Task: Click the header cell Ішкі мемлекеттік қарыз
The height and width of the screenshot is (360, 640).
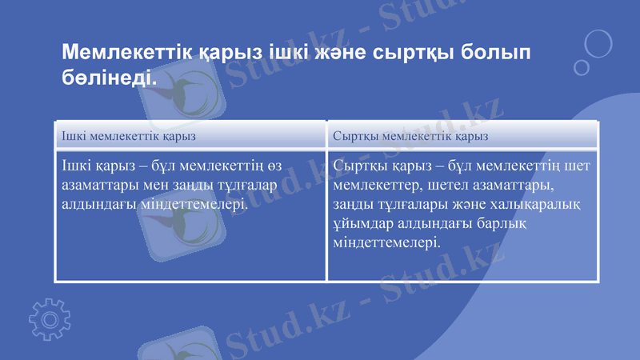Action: pos(129,137)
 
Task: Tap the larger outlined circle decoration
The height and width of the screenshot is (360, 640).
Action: pos(598,42)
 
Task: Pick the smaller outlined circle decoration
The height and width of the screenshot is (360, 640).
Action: pos(582,67)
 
